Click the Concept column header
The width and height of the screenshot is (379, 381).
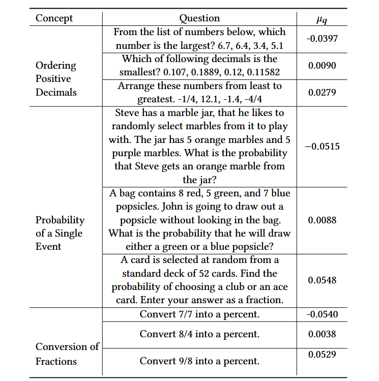tap(54, 18)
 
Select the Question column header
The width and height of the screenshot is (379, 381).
tap(199, 18)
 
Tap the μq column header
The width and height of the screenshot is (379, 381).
tap(322, 19)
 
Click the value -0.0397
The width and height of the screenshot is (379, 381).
tap(322, 39)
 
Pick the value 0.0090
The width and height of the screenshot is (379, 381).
tap(322, 66)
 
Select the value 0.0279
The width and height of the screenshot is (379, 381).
tap(322, 93)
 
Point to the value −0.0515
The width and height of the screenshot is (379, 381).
tap(322, 146)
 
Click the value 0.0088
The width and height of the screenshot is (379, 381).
tap(322, 220)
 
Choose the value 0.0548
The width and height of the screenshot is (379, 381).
tap(322, 280)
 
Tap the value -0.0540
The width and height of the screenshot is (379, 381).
tap(322, 314)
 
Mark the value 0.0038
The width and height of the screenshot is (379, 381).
tap(322, 334)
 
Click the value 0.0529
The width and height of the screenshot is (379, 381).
tap(322, 354)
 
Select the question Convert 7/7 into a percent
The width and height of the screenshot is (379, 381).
tap(199, 314)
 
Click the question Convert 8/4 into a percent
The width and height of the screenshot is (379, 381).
tap(199, 334)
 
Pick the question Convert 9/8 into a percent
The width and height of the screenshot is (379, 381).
tap(199, 361)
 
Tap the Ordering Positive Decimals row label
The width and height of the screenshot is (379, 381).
tap(56, 79)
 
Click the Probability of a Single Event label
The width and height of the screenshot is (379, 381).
tap(60, 233)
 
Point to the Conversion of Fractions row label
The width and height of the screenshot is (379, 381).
tap(67, 354)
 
